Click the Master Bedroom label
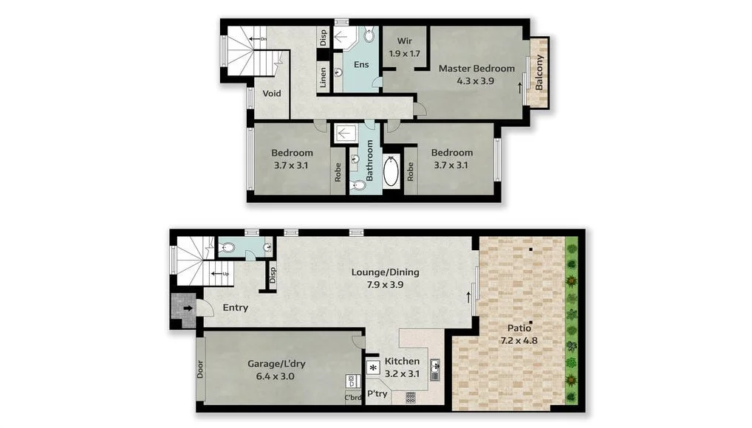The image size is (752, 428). pyautogui.click(x=476, y=69)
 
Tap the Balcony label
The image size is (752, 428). pyautogui.click(x=539, y=73)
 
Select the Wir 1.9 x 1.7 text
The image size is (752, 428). pyautogui.click(x=405, y=46)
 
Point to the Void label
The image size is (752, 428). pyautogui.click(x=272, y=94)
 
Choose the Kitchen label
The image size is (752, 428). pyautogui.click(x=402, y=362)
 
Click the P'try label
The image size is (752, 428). pyautogui.click(x=377, y=393)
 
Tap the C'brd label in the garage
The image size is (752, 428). pyautogui.click(x=353, y=398)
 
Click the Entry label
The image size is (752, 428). pyautogui.click(x=235, y=308)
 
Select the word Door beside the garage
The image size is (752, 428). pyautogui.click(x=200, y=369)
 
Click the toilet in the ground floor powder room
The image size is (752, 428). pyautogui.click(x=228, y=248)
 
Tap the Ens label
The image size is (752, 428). pyautogui.click(x=361, y=65)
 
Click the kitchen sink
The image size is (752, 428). pyautogui.click(x=435, y=365)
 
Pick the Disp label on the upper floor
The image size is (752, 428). pyautogui.click(x=322, y=36)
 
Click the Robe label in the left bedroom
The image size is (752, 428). pyautogui.click(x=338, y=172)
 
